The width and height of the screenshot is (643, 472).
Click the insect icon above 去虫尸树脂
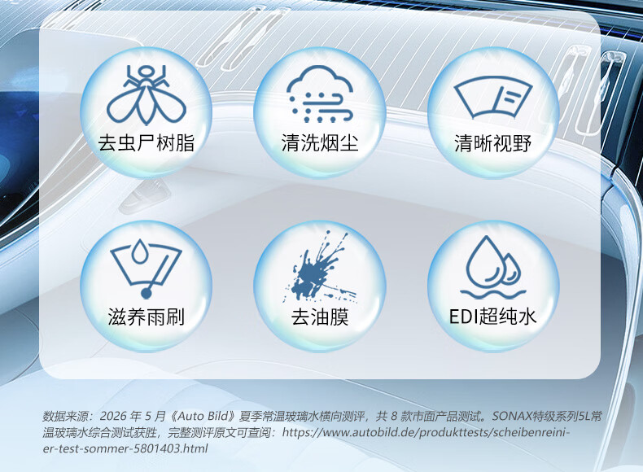pos(146,95)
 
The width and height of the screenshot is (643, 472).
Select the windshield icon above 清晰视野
pos(493,98)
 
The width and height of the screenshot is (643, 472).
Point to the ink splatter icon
pos(319,268)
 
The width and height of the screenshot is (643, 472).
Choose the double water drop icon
pos(493,267)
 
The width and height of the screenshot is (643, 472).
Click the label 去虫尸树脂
pos(146,143)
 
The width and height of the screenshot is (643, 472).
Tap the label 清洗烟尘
pos(320,143)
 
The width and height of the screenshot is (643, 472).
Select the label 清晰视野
pos(493,143)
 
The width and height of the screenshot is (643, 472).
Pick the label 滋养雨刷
pos(146,317)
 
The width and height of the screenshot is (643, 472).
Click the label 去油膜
pos(320,317)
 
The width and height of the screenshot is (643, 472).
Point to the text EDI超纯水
pos(493,317)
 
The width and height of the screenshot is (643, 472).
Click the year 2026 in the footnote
pos(113,416)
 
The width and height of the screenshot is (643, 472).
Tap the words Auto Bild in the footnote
pos(203,416)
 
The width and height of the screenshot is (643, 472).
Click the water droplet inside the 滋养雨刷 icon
pos(139,251)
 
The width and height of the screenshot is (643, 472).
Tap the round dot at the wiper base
pos(146,293)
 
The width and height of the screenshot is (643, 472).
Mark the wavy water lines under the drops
pos(493,295)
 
